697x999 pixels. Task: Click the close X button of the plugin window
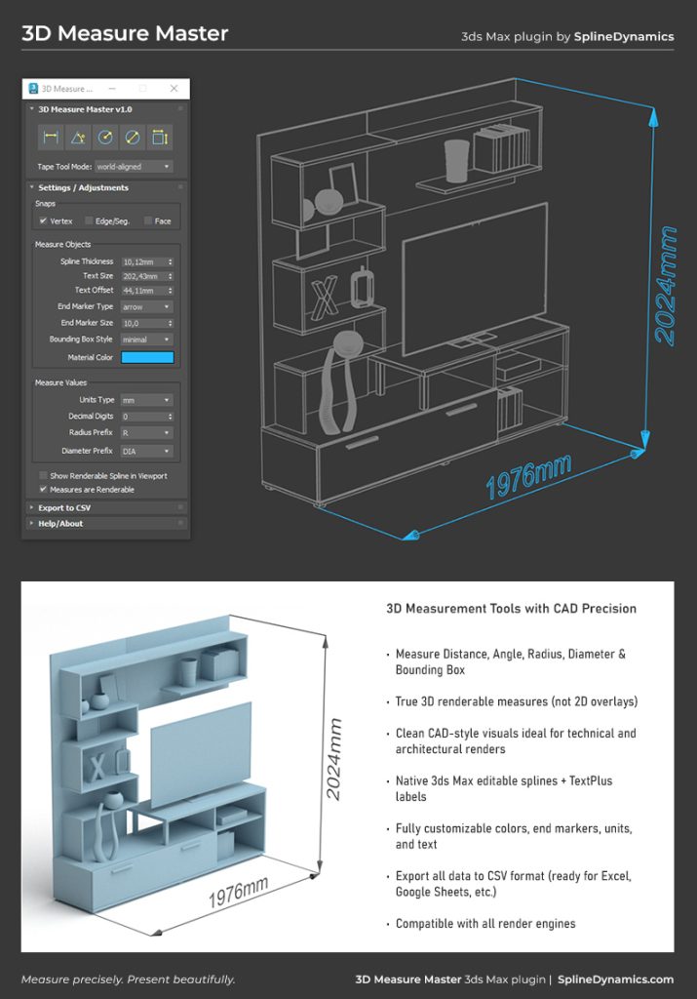[x=174, y=89]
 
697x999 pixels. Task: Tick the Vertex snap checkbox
[x=43, y=221]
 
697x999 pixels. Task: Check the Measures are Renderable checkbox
[x=43, y=490]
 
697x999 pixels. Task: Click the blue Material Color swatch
[x=147, y=357]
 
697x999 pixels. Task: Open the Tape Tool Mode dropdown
[x=134, y=166]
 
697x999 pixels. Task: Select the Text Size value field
[x=147, y=276]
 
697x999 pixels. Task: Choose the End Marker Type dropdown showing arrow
[x=147, y=306]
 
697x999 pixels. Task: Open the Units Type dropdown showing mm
[x=147, y=400]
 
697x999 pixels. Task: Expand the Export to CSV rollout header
[x=64, y=507]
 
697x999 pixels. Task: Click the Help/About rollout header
[x=60, y=524]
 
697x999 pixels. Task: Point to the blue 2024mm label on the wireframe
[x=665, y=286]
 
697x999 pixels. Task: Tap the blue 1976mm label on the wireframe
[x=528, y=476]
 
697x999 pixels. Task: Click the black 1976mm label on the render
[x=238, y=892]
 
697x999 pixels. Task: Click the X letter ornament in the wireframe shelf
[x=325, y=298]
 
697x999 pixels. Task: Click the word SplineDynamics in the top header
[x=624, y=36]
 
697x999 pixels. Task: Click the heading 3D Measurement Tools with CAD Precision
[x=511, y=609]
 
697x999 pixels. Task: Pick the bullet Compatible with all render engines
[x=485, y=923]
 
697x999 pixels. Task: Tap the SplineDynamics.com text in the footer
[x=615, y=979]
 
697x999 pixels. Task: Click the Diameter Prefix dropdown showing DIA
[x=147, y=451]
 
